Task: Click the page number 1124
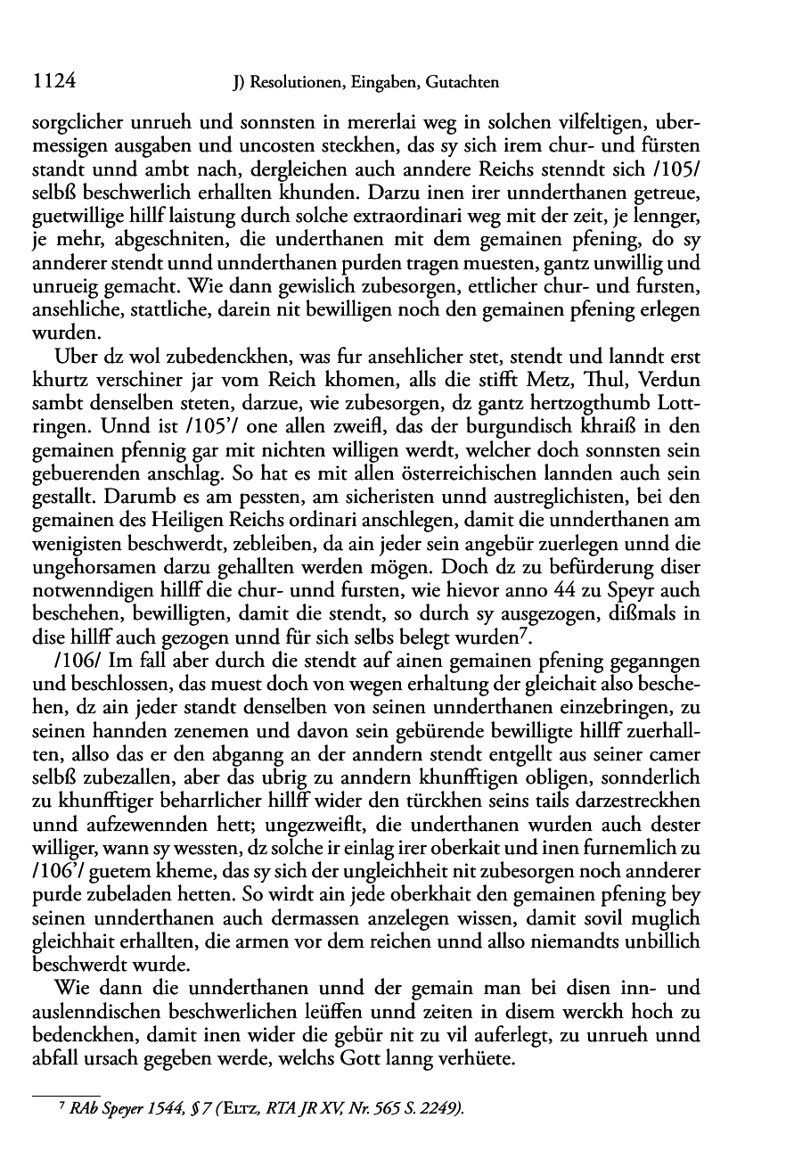(52, 82)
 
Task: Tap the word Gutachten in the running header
(462, 84)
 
